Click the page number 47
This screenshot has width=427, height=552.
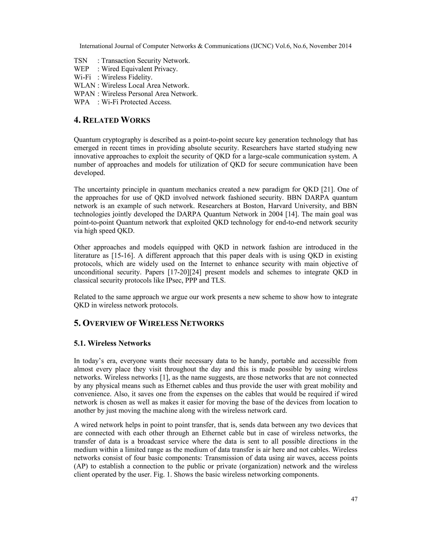[x=354, y=499]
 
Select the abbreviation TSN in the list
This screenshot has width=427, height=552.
[x=80, y=61]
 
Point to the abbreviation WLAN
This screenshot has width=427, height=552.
[x=84, y=85]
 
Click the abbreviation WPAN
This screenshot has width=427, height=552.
[x=84, y=94]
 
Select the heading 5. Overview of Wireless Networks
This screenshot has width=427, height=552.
[x=149, y=323]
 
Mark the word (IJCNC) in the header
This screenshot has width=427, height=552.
[x=259, y=46]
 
